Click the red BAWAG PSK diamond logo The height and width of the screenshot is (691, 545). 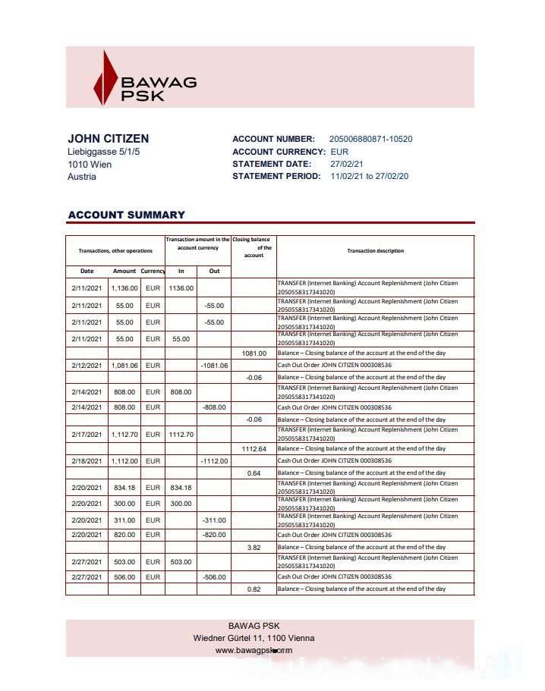[x=104, y=78]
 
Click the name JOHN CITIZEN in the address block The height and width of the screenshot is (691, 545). [x=109, y=139]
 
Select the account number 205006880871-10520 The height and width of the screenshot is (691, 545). [x=370, y=140]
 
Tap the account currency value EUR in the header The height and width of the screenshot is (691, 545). [x=340, y=152]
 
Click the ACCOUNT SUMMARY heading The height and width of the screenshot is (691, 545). [x=126, y=215]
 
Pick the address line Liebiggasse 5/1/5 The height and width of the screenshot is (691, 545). [x=104, y=152]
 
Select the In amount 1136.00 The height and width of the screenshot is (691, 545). [x=181, y=288]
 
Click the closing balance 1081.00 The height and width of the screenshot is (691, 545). [x=254, y=353]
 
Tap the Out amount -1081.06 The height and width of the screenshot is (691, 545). [x=214, y=366]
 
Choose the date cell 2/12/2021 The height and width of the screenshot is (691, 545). [x=87, y=366]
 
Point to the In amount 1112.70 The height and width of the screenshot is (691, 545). [x=181, y=435]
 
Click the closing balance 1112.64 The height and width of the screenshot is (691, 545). [x=254, y=449]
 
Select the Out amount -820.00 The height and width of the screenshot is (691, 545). [x=214, y=535]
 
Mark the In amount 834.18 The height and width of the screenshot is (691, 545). [x=181, y=488]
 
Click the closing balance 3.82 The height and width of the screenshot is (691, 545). [x=254, y=547]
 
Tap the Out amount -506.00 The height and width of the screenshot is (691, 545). [x=214, y=577]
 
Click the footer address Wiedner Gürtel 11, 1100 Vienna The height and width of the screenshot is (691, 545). [x=254, y=638]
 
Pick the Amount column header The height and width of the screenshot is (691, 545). [x=124, y=271]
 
